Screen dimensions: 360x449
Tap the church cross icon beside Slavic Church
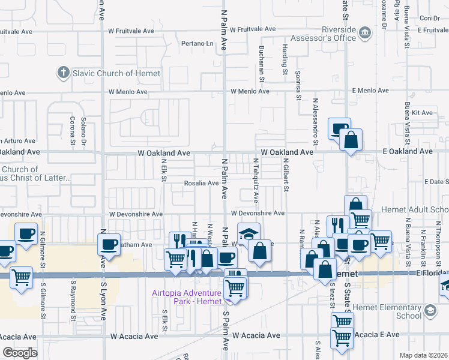click(x=62, y=73)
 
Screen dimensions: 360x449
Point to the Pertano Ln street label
click(x=199, y=44)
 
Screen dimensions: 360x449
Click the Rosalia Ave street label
click(x=201, y=183)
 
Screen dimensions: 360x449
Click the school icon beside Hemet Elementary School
click(x=430, y=310)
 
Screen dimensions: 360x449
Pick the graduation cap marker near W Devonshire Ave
click(x=249, y=233)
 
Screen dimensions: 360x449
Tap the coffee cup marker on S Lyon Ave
click(x=110, y=243)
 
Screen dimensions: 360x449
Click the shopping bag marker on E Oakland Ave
click(x=351, y=140)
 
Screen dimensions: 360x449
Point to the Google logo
click(x=19, y=353)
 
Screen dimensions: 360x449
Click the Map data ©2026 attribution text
click(x=423, y=355)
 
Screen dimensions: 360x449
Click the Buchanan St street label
click(x=262, y=64)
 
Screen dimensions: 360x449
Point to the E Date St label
click(x=435, y=182)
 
